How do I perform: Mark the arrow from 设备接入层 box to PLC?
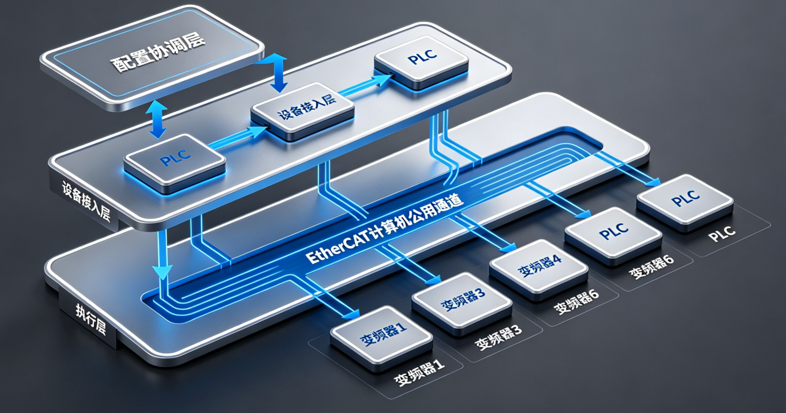tap(363, 84)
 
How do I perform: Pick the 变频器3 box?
tap(462, 301)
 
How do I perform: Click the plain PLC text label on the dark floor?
tap(722, 232)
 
